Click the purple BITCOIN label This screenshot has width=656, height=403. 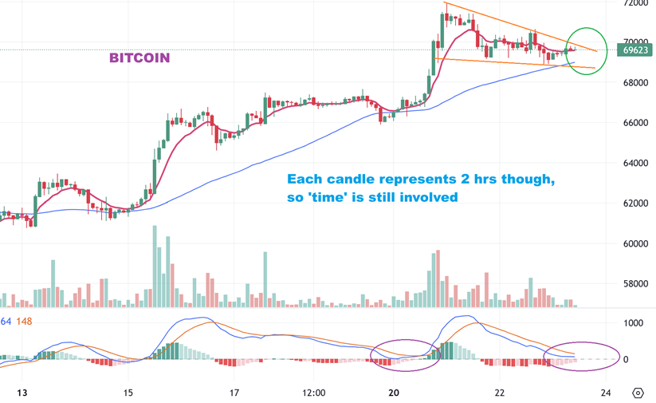pos(139,58)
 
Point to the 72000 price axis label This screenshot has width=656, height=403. pos(637,3)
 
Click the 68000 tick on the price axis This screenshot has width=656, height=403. pos(637,82)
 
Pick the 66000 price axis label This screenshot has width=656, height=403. pos(637,123)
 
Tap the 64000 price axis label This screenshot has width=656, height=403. pos(637,163)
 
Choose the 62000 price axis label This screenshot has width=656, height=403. pos(637,203)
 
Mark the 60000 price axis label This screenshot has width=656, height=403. pos(637,243)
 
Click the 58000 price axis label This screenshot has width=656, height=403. pos(637,283)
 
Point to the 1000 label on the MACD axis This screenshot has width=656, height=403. pos(633,323)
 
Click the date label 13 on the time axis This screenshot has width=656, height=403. pos(22,393)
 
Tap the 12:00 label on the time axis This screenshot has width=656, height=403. pos(314,393)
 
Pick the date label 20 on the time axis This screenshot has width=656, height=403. pos(394,393)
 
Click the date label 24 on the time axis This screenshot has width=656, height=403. pos(606,393)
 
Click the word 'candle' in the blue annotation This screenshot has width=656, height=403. pos(348,179)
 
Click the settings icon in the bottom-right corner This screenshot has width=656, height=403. pos(638,393)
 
